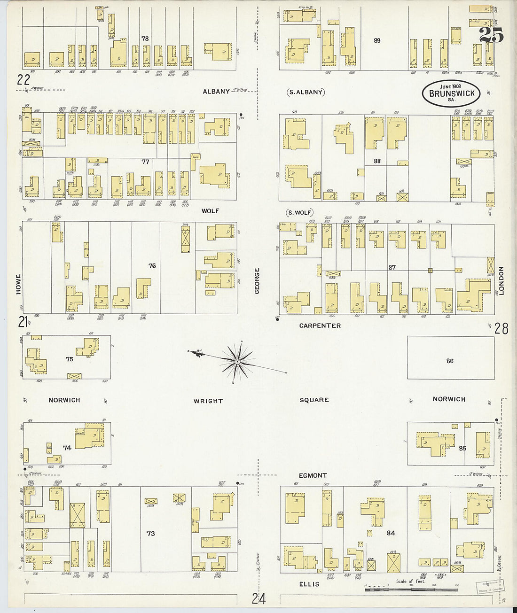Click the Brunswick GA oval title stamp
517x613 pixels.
click(451, 93)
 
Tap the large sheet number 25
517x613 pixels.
click(491, 36)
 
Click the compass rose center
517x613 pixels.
click(238, 362)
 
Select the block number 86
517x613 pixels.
click(450, 361)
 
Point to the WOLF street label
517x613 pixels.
click(210, 211)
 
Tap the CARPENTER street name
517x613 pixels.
click(320, 326)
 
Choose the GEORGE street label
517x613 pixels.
click(257, 281)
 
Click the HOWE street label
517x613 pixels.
click(19, 284)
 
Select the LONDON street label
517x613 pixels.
click(501, 281)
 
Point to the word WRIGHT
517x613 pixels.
click(208, 401)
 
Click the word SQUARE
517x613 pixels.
click(314, 400)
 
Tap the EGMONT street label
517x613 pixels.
click(313, 475)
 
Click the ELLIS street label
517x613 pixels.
click(309, 584)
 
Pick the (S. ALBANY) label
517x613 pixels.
click(306, 92)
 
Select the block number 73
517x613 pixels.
click(150, 534)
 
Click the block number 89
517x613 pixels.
click(377, 41)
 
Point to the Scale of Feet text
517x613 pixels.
click(410, 582)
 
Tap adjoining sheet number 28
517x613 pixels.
click(501, 329)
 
